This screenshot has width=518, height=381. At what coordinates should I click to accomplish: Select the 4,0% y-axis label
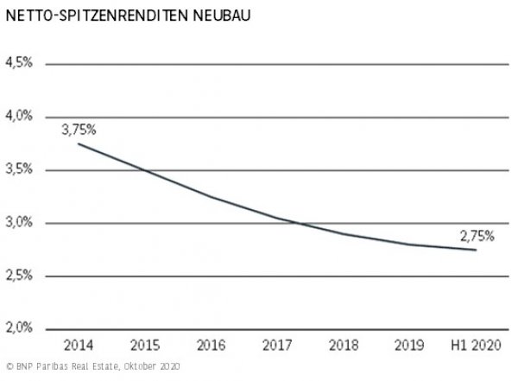pyautogui.click(x=19, y=116)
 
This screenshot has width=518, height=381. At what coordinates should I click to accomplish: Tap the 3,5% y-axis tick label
pyautogui.click(x=19, y=169)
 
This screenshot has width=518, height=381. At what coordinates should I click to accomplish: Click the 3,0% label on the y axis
pyautogui.click(x=19, y=223)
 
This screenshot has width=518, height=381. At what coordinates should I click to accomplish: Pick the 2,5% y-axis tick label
pyautogui.click(x=19, y=276)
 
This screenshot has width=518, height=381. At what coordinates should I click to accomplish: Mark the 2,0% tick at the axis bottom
pyautogui.click(x=19, y=328)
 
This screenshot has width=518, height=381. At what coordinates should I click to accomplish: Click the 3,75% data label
pyautogui.click(x=79, y=130)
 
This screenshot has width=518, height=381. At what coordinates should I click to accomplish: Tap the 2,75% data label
pyautogui.click(x=476, y=235)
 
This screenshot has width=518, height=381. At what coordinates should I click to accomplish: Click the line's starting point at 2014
pyautogui.click(x=79, y=143)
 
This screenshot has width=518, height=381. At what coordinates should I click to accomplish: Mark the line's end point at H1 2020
pyautogui.click(x=475, y=250)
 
